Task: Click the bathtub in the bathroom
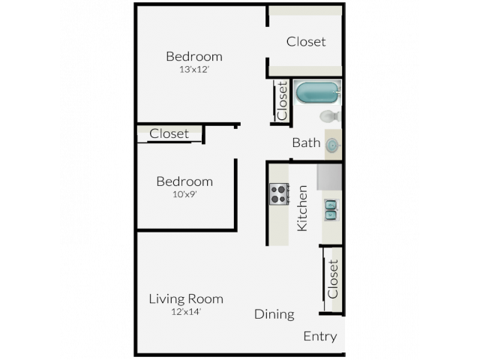pos(317,92)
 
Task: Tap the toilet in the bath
pos(330,116)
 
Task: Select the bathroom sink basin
pos(332,145)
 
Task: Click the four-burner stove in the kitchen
pos(279,194)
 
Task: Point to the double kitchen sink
pos(331,210)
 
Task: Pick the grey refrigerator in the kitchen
pos(329,177)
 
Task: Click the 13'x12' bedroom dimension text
pos(194,70)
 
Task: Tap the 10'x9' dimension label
pos(184,194)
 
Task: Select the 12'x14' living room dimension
pos(186,312)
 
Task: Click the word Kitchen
pos(302,208)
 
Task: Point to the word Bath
pos(306,142)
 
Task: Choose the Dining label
pos(274,314)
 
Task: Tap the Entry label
pos(320,337)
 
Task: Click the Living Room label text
pos(186,298)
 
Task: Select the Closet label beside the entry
pos(333,279)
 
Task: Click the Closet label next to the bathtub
pos(282,100)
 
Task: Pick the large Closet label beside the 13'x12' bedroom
pos(306,42)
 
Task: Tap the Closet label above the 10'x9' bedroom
pos(169,133)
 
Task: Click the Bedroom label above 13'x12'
pos(194,57)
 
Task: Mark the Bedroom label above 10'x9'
pos(184,181)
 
